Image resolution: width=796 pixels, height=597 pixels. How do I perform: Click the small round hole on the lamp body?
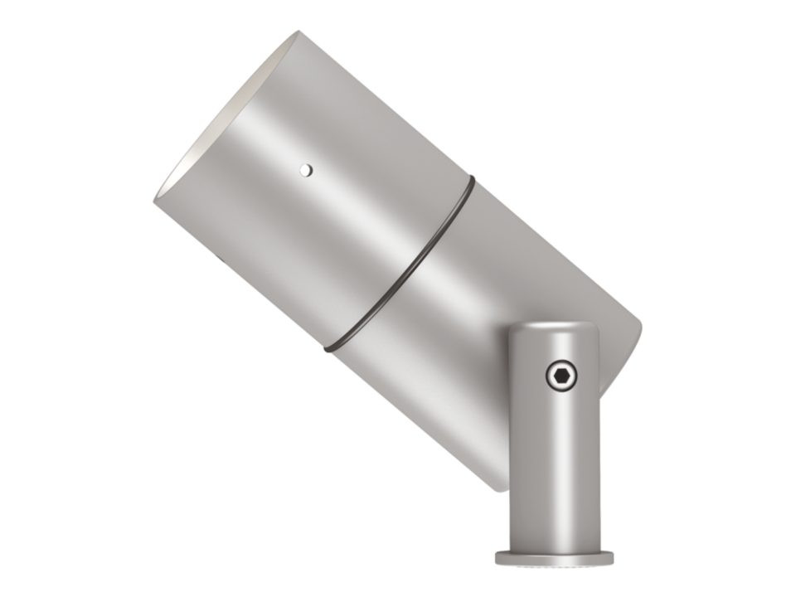(x=306, y=169)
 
